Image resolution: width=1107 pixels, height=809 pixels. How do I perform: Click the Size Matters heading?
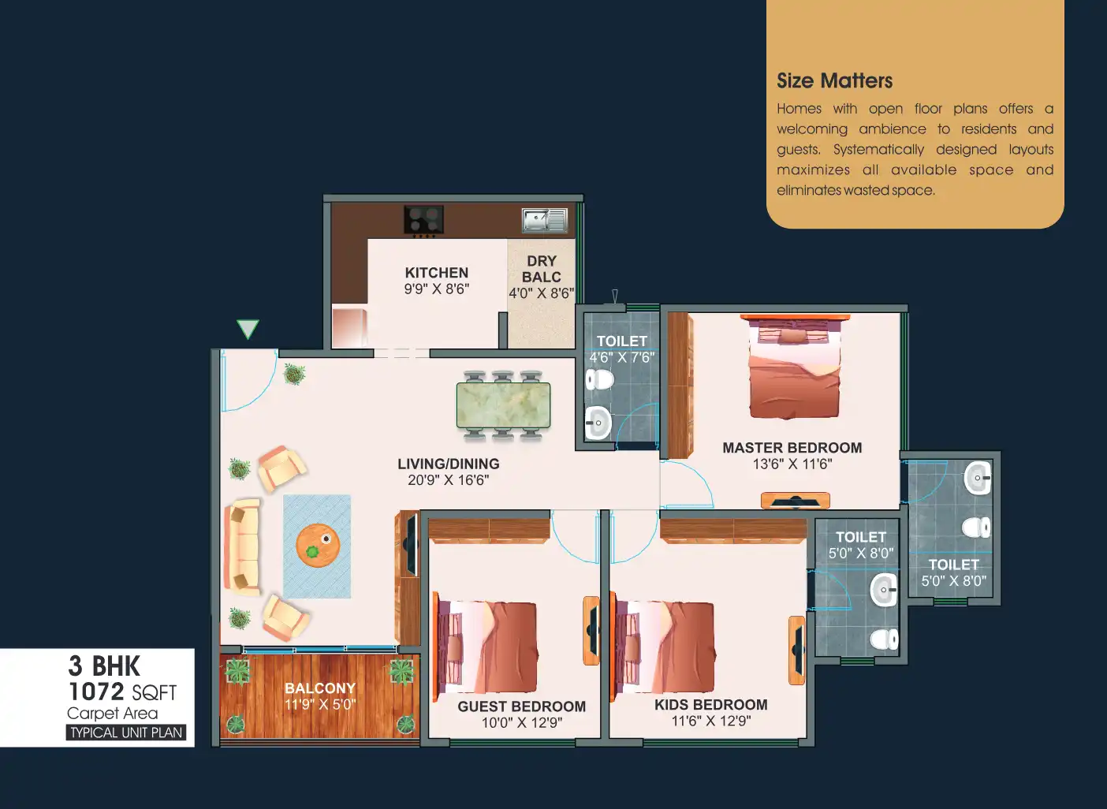pyautogui.click(x=834, y=80)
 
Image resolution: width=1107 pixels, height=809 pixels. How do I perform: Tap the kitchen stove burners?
pyautogui.click(x=423, y=219)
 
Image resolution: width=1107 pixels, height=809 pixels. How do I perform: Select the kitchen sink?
pyautogui.click(x=545, y=220)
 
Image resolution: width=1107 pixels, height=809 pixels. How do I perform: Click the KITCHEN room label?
pyautogui.click(x=436, y=273)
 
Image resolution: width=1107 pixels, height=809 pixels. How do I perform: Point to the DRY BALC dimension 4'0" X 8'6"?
pyautogui.click(x=542, y=293)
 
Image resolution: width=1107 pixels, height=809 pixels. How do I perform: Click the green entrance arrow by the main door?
pyautogui.click(x=248, y=329)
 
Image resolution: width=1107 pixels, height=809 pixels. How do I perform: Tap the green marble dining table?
pyautogui.click(x=503, y=404)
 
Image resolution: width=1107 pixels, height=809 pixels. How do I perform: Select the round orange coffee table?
pyautogui.click(x=318, y=545)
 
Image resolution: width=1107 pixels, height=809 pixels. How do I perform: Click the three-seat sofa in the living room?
pyautogui.click(x=242, y=547)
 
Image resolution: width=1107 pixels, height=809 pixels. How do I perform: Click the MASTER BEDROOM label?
pyautogui.click(x=792, y=448)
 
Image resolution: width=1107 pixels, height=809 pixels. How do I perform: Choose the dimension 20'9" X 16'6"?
pyautogui.click(x=448, y=480)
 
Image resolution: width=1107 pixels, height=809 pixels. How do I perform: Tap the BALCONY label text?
pyautogui.click(x=320, y=688)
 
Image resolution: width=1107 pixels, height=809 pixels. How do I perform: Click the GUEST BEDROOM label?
pyautogui.click(x=522, y=706)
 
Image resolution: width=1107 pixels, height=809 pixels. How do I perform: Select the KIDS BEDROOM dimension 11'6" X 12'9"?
pyautogui.click(x=711, y=721)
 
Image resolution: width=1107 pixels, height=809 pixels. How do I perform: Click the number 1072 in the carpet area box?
pyautogui.click(x=96, y=692)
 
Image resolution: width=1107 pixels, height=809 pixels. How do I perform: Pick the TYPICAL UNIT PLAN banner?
pyautogui.click(x=126, y=733)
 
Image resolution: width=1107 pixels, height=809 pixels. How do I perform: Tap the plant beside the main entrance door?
pyautogui.click(x=294, y=374)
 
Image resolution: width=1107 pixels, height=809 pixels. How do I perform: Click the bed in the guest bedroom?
pyautogui.click(x=486, y=647)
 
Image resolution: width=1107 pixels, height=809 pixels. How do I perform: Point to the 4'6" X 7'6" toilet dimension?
pyautogui.click(x=621, y=357)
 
